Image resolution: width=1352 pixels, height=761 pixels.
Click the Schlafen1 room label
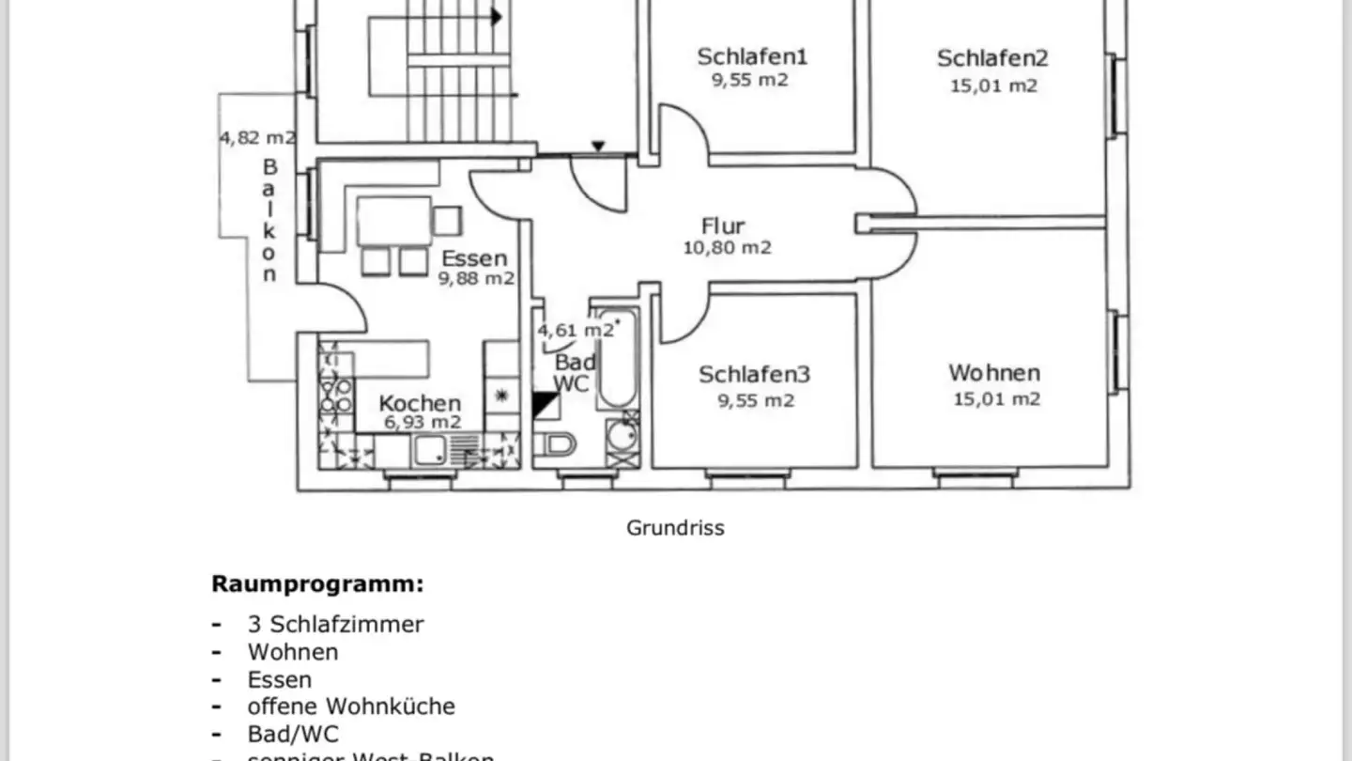click(751, 56)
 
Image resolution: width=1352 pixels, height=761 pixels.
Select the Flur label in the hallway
click(723, 226)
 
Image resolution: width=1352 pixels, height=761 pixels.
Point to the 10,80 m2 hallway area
click(728, 248)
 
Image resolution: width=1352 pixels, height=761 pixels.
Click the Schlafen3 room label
click(754, 375)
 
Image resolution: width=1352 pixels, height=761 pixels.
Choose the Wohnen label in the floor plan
click(994, 373)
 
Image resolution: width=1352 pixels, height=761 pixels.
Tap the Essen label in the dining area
click(474, 258)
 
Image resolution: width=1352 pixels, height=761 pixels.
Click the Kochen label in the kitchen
click(420, 403)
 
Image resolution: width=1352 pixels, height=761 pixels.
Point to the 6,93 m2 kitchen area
click(422, 423)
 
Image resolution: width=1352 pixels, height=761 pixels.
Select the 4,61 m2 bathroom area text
click(576, 330)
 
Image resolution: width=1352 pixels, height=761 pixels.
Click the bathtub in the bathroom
click(617, 357)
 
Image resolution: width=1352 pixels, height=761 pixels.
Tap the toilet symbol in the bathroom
click(560, 444)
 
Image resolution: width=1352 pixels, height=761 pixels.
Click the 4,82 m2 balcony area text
click(257, 137)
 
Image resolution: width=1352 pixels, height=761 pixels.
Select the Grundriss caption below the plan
click(675, 528)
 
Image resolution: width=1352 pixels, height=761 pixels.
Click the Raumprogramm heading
click(317, 584)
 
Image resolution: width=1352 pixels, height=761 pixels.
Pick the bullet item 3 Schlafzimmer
click(335, 624)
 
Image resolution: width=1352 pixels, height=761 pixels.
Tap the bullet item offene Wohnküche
click(351, 706)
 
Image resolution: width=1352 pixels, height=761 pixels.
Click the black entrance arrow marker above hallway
click(597, 146)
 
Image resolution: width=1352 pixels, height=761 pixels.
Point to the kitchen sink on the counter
click(433, 452)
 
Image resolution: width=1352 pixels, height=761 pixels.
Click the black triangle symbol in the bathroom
click(544, 405)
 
